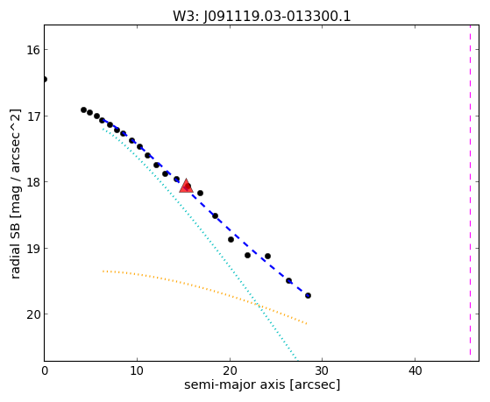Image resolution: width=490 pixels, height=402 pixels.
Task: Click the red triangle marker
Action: tap(186, 186)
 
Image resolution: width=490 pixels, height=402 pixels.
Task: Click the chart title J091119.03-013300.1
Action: tap(262, 17)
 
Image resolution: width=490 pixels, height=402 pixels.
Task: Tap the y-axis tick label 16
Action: tap(33, 50)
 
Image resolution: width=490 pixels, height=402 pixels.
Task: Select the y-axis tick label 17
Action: tap(33, 116)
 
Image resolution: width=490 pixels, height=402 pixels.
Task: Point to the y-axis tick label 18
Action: tap(33, 182)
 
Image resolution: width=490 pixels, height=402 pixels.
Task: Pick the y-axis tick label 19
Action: tap(33, 249)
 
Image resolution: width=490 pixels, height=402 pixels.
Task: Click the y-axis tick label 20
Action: tap(33, 314)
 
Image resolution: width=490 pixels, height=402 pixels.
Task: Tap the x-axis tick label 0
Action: tap(45, 370)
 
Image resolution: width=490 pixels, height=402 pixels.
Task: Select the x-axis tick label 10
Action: tap(137, 370)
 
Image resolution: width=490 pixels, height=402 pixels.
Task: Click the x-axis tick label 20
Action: tap(230, 370)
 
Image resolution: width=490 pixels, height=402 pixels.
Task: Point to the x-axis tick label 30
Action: tap(323, 370)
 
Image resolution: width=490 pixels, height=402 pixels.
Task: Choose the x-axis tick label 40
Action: tap(415, 370)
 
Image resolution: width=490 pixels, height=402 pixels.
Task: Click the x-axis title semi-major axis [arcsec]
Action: tap(262, 384)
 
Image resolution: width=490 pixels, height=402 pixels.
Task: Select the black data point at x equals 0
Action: tap(45, 80)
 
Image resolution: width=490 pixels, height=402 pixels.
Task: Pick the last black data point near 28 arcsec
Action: tap(308, 295)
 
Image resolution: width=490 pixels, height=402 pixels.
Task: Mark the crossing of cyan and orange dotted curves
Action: tap(257, 304)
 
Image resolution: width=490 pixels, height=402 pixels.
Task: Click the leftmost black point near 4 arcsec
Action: tap(83, 110)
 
